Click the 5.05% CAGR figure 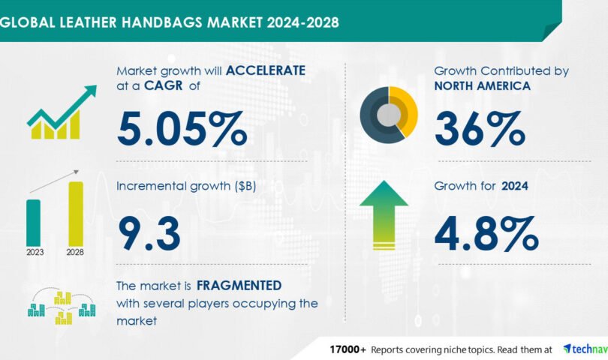(182, 129)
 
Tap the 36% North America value (480, 129)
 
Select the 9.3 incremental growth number (149, 234)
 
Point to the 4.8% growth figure (486, 234)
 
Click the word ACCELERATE (266, 70)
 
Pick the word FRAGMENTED (239, 286)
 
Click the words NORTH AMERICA (483, 85)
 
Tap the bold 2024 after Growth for (515, 186)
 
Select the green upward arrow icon (384, 215)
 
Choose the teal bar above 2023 (33, 223)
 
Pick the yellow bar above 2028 (76, 214)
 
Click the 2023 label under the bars (35, 252)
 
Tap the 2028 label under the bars (75, 252)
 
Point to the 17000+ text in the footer (348, 349)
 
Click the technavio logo (585, 349)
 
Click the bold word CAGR (163, 85)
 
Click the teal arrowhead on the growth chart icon (92, 90)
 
